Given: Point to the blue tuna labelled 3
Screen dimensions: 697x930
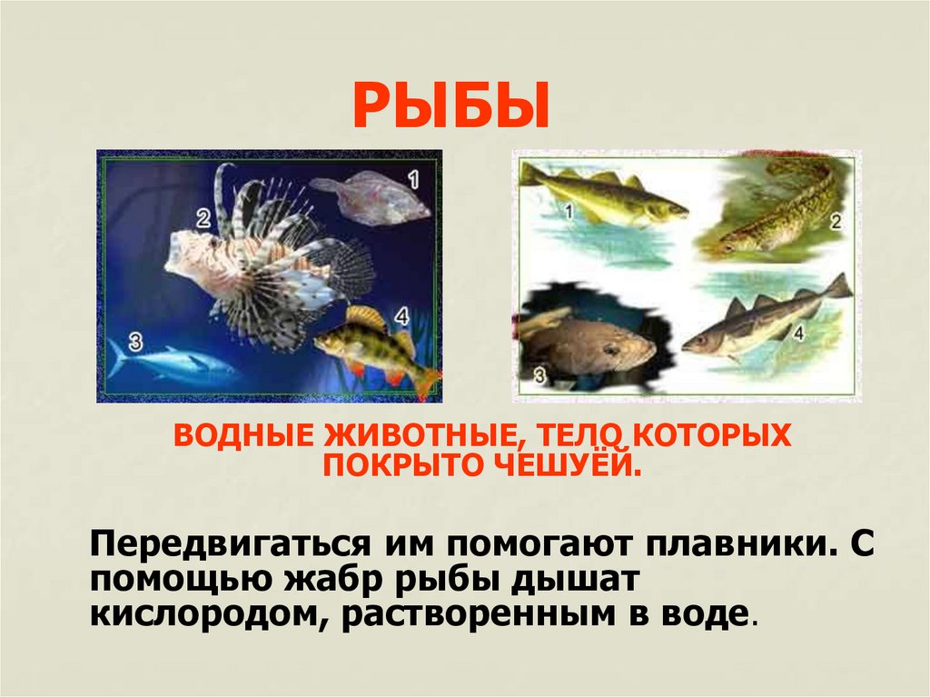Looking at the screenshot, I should click(168, 362).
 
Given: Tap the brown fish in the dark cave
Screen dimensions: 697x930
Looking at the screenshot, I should click(590, 345).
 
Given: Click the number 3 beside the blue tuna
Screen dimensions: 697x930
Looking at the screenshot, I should click(135, 342).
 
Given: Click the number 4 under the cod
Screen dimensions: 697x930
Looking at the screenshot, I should click(799, 333).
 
